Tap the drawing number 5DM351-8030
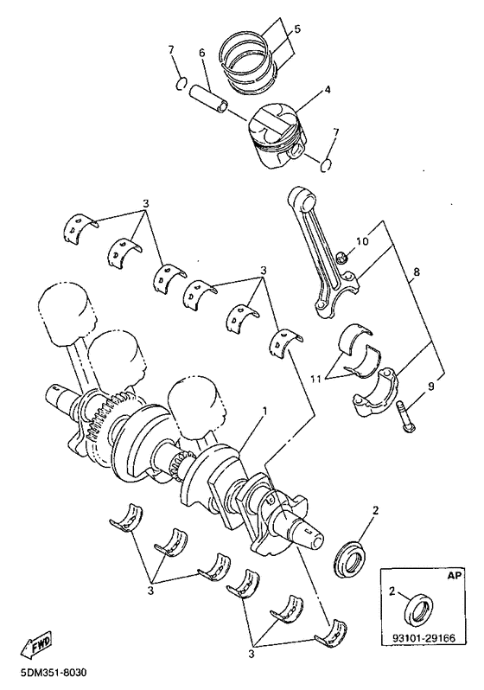[x=54, y=673]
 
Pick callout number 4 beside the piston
[x=328, y=90]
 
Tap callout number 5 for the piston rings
[x=297, y=29]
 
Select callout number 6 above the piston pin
[x=202, y=53]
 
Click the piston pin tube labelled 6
[x=209, y=100]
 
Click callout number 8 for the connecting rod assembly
[x=416, y=272]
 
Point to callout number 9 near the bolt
[x=431, y=386]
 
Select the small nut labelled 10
[x=341, y=256]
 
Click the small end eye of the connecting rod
[x=302, y=198]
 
